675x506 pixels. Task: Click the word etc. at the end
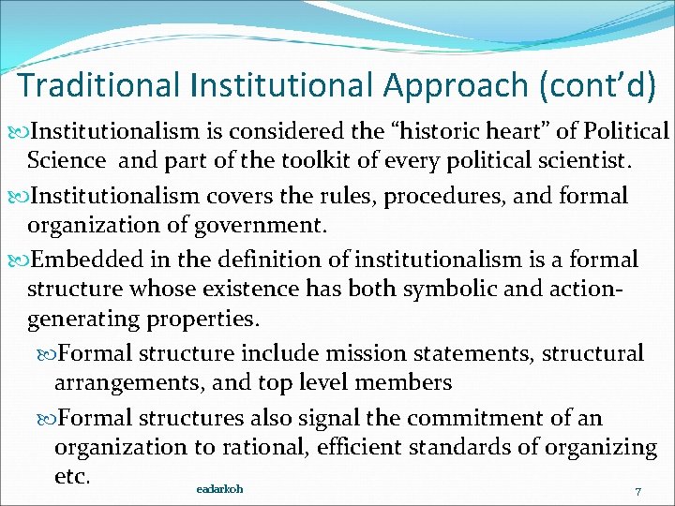tap(72, 475)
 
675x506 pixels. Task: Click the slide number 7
tap(637, 492)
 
